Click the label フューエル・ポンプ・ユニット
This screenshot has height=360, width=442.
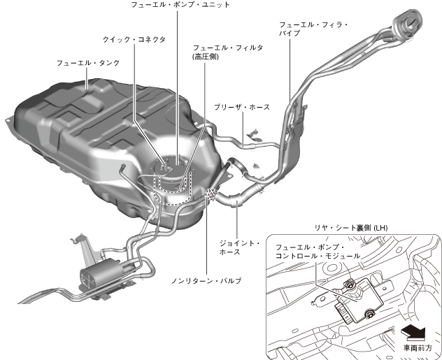pos(180,5)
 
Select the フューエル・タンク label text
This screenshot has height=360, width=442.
pos(88,62)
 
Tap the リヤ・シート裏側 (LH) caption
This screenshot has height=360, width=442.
pos(351,228)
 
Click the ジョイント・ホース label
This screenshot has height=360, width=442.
pos(248,247)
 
